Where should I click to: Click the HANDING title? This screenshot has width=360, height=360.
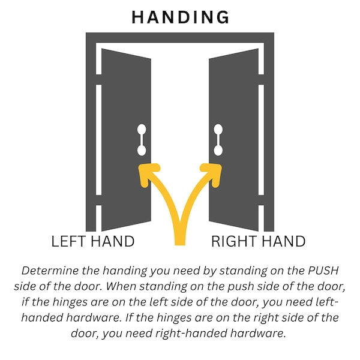pyautogui.click(x=180, y=17)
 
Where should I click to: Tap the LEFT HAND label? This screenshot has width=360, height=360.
pyautogui.click(x=93, y=241)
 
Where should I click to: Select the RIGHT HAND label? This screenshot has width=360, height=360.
pyautogui.click(x=258, y=241)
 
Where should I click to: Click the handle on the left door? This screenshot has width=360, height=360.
pyautogui.click(x=142, y=140)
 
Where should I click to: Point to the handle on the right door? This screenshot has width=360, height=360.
pyautogui.click(x=218, y=140)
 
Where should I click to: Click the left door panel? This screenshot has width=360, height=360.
pyautogui.click(x=126, y=140)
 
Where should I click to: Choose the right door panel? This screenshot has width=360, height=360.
pyautogui.click(x=234, y=140)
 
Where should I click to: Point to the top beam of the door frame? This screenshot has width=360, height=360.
pyautogui.click(x=180, y=37)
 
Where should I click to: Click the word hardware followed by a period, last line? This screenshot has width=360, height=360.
pyautogui.click(x=258, y=333)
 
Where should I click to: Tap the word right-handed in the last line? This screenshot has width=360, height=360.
pyautogui.click(x=191, y=334)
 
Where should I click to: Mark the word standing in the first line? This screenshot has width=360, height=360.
pyautogui.click(x=243, y=271)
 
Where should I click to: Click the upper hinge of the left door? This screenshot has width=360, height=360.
pyautogui.click(x=99, y=79)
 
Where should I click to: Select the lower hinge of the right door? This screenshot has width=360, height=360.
pyautogui.click(x=261, y=200)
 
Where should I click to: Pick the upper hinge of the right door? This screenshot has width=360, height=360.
pyautogui.click(x=261, y=79)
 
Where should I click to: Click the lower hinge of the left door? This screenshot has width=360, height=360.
pyautogui.click(x=99, y=200)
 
